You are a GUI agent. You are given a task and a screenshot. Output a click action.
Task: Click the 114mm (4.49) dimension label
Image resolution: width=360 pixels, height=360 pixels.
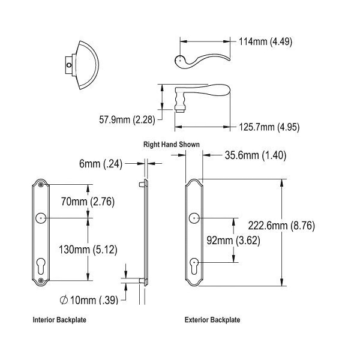265,42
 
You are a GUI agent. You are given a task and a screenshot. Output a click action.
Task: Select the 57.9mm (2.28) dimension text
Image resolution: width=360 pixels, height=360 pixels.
127,119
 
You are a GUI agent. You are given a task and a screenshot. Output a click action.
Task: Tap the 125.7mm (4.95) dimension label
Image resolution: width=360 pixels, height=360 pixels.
269,127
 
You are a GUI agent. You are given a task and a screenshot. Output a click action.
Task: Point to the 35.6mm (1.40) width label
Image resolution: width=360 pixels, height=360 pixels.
256,155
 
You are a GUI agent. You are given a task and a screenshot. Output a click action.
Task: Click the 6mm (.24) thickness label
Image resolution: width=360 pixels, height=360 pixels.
101,164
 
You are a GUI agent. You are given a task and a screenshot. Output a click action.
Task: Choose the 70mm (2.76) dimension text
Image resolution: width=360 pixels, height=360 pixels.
88,202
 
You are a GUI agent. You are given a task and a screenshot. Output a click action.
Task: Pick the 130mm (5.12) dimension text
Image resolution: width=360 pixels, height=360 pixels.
88,250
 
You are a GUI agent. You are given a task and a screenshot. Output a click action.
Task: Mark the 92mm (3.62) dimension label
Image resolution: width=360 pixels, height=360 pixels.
233,241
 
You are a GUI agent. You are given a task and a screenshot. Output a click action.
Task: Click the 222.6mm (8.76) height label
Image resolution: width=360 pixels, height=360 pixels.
281,226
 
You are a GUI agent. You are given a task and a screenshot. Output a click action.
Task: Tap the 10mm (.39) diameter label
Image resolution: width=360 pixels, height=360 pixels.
89,300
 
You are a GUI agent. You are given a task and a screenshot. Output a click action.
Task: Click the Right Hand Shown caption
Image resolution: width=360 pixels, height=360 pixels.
172,145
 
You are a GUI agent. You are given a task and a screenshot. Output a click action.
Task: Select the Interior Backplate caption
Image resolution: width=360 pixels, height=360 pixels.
59,320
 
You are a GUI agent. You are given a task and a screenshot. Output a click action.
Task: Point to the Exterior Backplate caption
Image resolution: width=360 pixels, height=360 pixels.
212,320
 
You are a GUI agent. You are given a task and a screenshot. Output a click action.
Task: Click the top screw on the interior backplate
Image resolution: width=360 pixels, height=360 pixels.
41,184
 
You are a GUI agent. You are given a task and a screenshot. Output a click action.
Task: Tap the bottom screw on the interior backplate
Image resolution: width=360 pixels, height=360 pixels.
41,280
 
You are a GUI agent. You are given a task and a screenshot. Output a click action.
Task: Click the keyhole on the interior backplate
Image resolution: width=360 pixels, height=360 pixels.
41,266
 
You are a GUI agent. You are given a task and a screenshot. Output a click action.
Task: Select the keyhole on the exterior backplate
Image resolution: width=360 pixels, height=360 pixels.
194,266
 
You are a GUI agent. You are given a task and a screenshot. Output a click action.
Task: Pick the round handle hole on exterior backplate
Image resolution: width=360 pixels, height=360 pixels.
194,218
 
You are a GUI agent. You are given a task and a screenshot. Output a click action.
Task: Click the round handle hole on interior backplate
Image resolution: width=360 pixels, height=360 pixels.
41,218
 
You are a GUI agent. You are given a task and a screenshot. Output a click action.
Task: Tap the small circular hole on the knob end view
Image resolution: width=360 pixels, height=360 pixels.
69,65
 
